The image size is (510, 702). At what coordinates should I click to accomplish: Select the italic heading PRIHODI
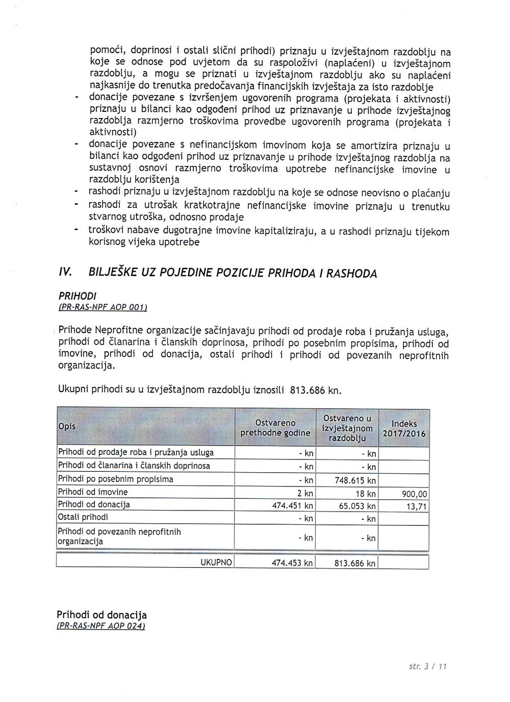(x=78, y=296)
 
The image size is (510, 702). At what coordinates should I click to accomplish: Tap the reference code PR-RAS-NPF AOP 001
(x=103, y=307)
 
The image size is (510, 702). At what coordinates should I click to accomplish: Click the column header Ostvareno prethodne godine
(x=275, y=428)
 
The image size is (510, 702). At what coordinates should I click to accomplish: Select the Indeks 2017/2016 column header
(x=404, y=428)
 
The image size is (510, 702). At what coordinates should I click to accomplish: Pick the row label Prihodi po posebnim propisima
(x=116, y=479)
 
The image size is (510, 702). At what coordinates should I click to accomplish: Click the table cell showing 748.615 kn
(x=355, y=480)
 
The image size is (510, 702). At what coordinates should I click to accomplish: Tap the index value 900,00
(x=415, y=494)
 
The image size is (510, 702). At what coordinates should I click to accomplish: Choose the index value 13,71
(x=418, y=506)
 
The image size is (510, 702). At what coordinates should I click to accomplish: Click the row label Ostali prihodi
(x=83, y=517)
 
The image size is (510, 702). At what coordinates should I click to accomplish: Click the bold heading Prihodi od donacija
(x=101, y=615)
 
